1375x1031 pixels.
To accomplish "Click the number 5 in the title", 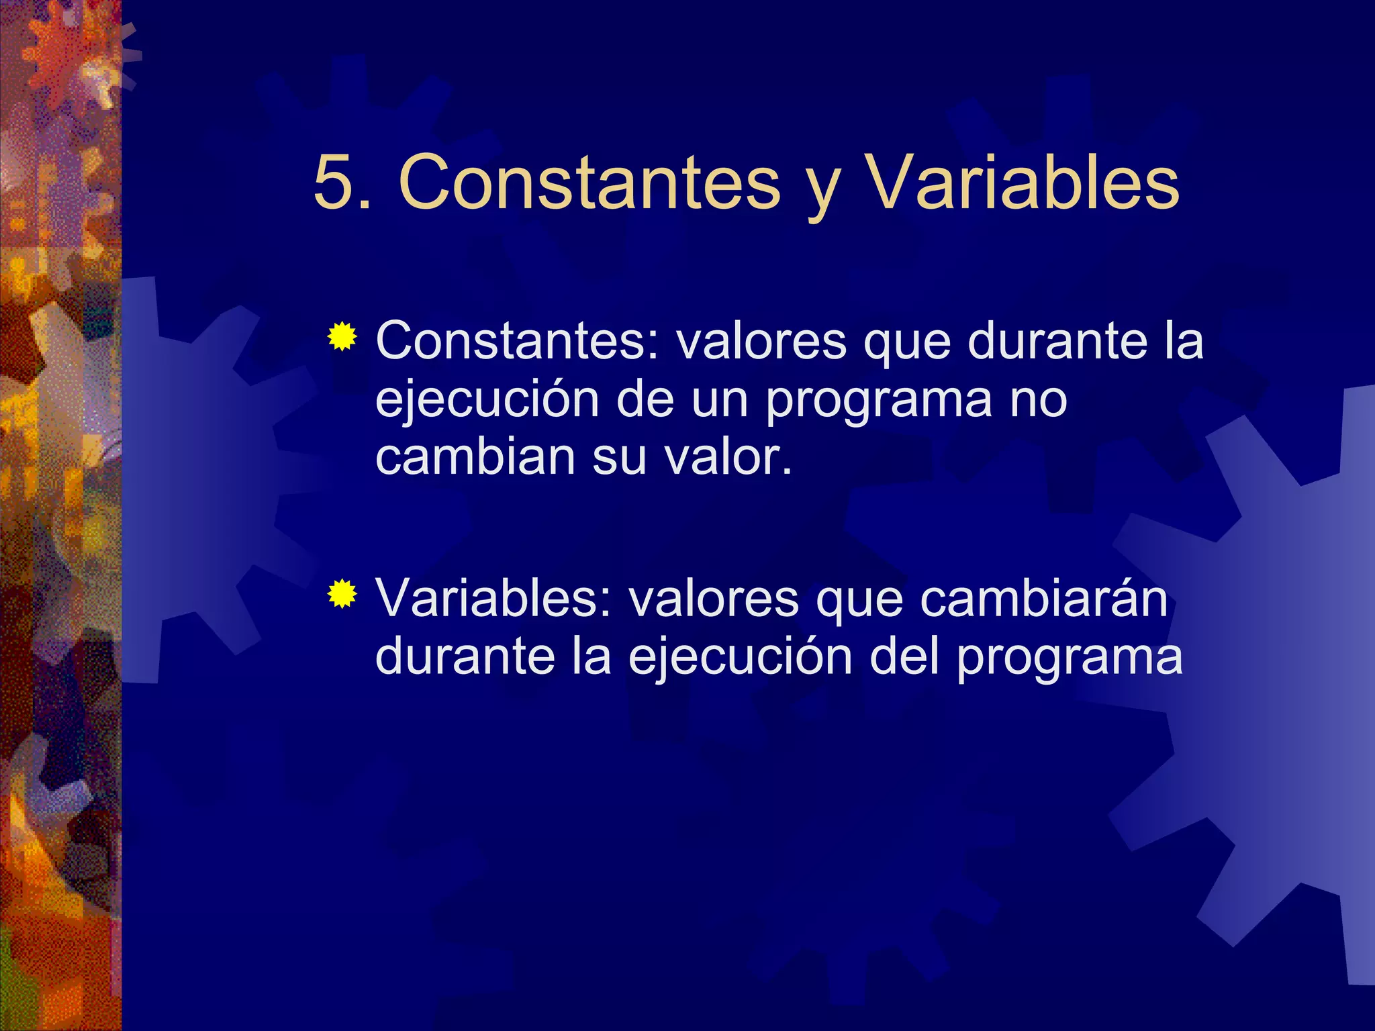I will [334, 183].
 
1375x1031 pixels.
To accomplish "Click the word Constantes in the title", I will [589, 183].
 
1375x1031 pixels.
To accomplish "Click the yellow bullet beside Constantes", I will [342, 337].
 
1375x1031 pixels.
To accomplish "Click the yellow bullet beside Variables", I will [342, 593].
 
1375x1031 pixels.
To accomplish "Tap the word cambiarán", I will [1043, 598].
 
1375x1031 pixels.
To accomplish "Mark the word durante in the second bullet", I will [465, 656].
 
